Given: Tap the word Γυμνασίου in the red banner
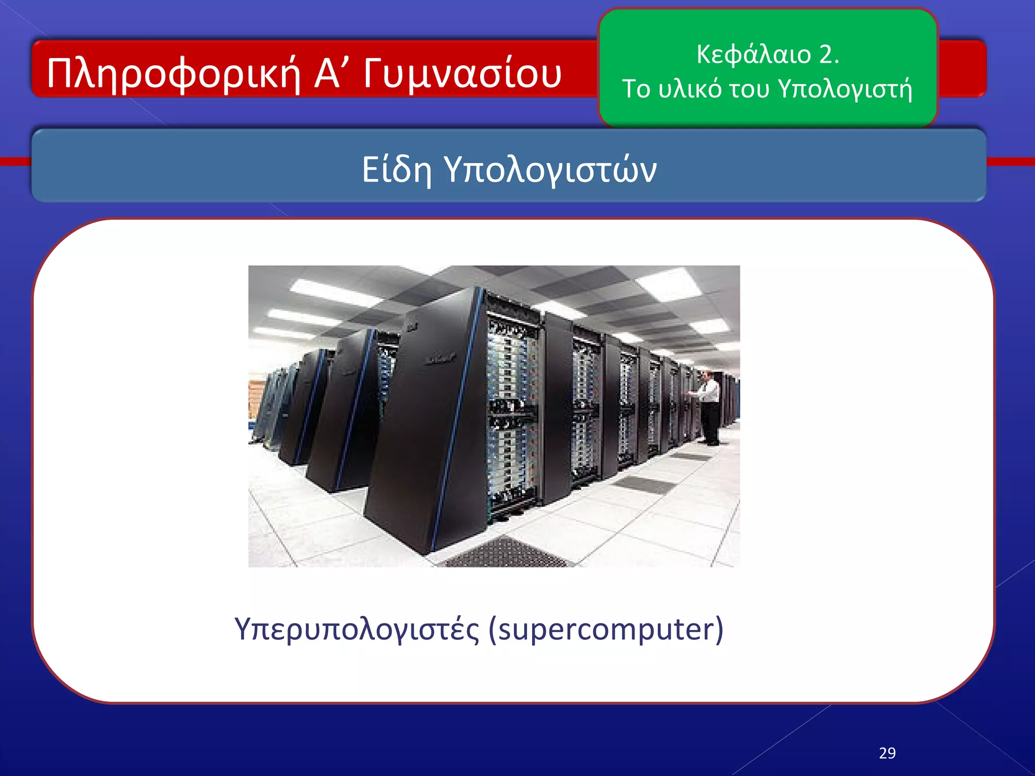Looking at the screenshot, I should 462,74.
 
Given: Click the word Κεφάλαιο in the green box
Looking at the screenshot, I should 754,54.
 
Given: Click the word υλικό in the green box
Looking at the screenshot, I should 690,89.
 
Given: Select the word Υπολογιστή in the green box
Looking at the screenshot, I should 845,90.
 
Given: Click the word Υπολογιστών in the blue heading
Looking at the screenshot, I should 550,170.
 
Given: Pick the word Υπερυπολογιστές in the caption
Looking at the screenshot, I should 357,629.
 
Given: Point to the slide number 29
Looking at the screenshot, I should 887,753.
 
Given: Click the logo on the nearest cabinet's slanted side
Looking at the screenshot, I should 440,359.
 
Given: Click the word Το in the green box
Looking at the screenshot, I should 635,89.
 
